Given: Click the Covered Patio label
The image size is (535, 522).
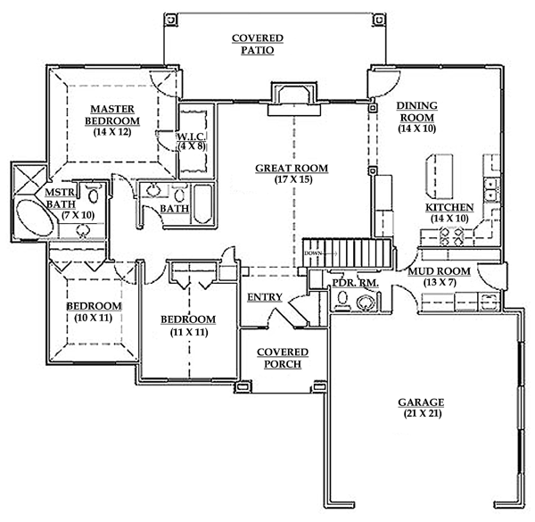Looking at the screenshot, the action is point(258,44).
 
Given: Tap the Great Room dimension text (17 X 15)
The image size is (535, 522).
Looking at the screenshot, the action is point(293,179).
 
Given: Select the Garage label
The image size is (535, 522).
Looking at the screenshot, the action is point(421,402).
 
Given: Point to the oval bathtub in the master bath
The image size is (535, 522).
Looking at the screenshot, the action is point(35,218).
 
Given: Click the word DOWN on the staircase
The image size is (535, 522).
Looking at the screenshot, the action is point(313,253).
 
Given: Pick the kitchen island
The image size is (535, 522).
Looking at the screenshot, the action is point(440,176).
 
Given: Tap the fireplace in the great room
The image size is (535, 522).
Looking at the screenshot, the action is point(294,98).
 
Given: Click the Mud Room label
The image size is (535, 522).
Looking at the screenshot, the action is point(440,271).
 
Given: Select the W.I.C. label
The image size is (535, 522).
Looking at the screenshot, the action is point(191,137).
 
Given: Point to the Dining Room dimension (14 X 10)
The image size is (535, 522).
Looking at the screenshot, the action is point(417,128).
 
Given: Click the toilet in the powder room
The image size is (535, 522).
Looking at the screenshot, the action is point(342,300).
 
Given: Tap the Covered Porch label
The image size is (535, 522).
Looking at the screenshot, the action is point(283,358).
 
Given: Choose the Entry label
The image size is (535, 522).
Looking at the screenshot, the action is point(265,297).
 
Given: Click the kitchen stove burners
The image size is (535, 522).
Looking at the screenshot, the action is point(451,236).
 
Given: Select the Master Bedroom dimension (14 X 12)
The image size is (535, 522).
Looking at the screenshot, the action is point(112,132).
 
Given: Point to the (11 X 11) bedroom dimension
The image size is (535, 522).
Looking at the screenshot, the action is point(189,332).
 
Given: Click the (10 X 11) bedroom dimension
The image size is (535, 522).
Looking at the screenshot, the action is point(94,318).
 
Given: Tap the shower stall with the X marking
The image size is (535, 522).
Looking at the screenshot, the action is point(29,180).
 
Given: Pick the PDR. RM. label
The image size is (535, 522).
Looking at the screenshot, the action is point(355,283).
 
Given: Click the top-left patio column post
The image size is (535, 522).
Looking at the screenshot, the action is point(170,19).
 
